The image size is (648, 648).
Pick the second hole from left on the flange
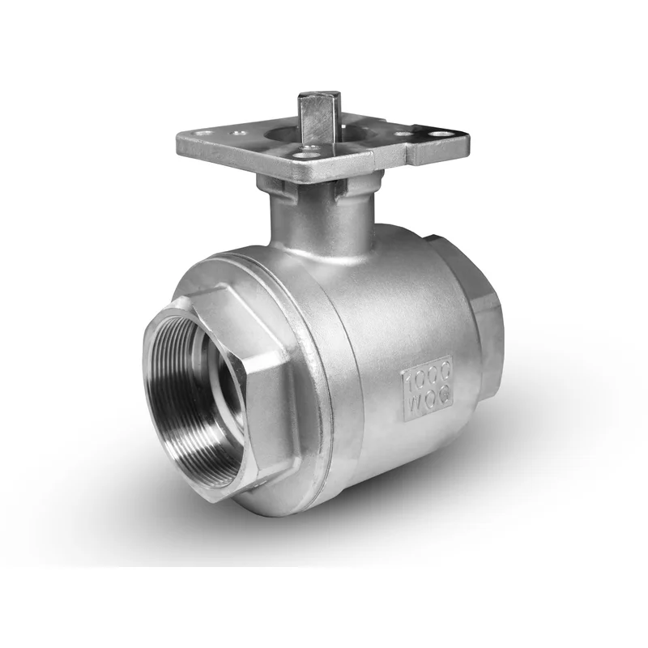(238, 133)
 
